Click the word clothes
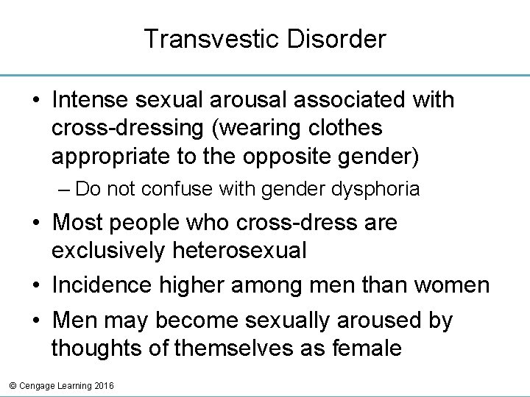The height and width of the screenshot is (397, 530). pos(343,128)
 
